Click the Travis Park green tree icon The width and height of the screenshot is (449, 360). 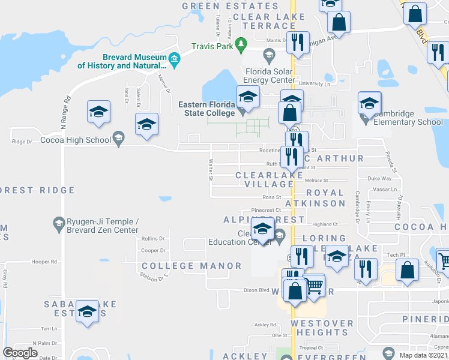pos(241,44)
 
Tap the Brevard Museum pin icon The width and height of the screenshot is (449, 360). pos(175,58)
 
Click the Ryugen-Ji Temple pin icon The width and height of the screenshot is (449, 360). pos(59,224)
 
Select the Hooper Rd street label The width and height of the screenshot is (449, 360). pos(44,262)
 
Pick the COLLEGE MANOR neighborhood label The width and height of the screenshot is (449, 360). pos(191,265)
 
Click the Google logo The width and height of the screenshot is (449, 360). pos(20,353)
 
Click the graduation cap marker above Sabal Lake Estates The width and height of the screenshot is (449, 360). pos(88,311)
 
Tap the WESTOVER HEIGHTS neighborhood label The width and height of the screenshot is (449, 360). pos(322,328)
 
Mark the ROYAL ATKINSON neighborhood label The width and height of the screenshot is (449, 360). pos(325,198)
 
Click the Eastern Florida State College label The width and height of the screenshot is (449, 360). pos(206,109)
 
